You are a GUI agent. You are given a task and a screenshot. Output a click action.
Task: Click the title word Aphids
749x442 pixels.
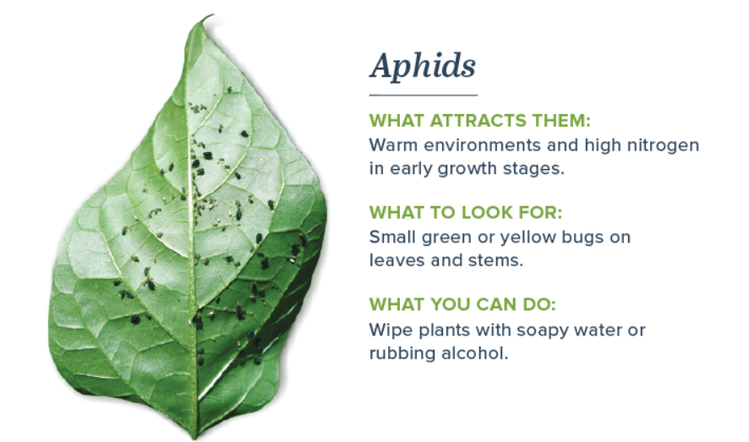coord(423,66)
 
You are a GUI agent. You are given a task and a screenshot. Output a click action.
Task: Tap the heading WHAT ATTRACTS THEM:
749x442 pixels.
coord(480,121)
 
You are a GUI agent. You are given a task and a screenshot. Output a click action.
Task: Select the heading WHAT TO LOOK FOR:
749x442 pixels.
coord(466,212)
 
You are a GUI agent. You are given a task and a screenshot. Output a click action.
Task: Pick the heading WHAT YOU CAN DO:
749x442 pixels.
coord(463,304)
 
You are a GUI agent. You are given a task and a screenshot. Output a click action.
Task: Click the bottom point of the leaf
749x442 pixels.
coord(194,436)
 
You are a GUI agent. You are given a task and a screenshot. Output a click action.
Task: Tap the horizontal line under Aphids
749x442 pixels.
coord(424,95)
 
